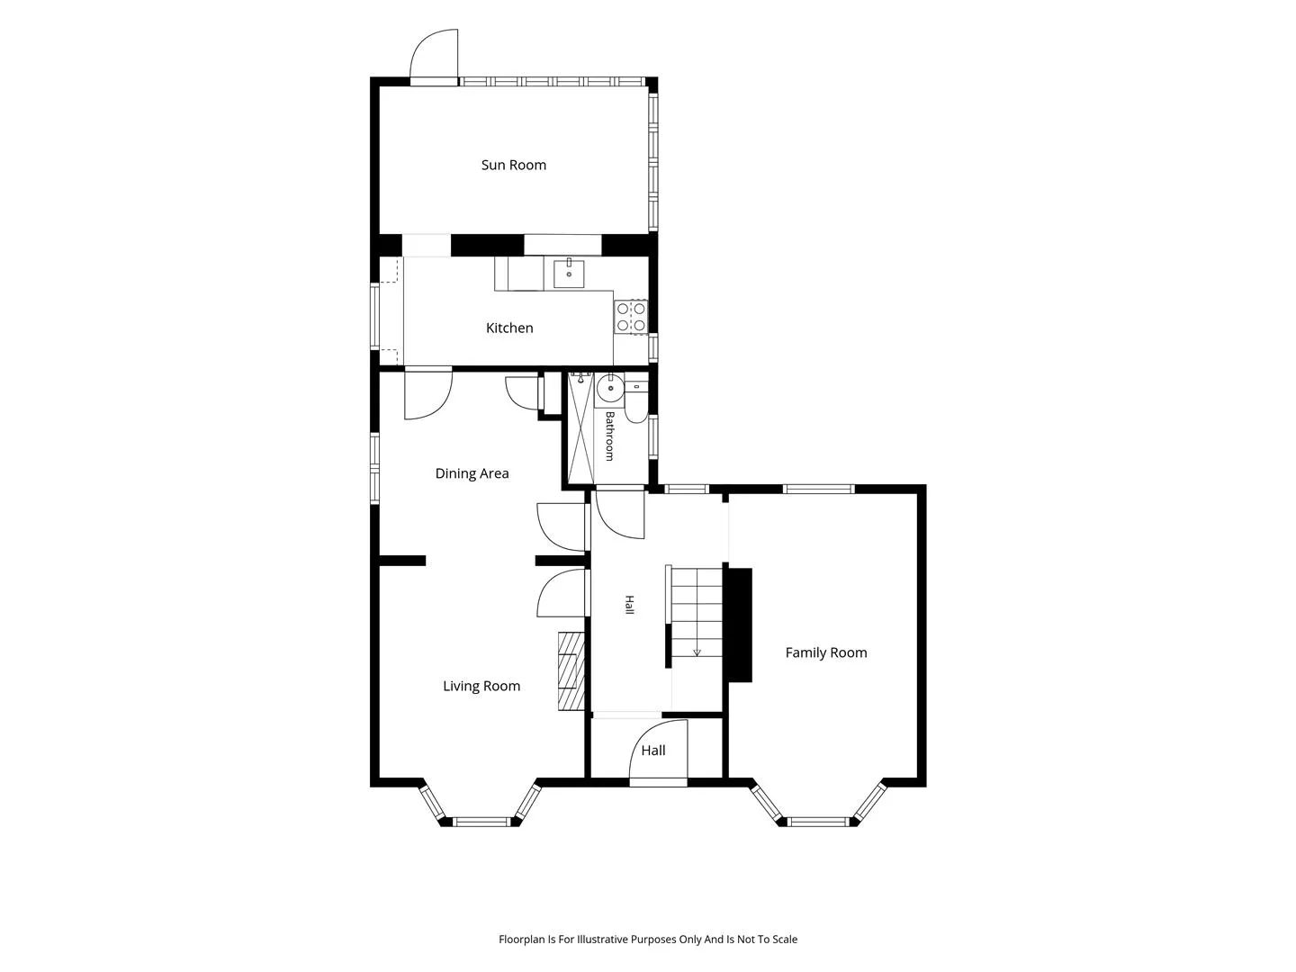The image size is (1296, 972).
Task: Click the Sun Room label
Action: point(513,166)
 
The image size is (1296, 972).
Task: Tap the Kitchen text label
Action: point(509,328)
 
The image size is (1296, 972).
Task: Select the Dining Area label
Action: point(472,473)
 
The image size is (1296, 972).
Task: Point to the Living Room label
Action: point(481,686)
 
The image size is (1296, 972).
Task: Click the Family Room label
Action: point(826,652)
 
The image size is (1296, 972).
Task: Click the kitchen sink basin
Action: point(569,274)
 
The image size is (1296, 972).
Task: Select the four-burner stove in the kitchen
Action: point(631,317)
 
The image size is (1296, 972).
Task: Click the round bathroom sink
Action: point(610,388)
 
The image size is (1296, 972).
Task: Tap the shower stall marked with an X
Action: point(581,427)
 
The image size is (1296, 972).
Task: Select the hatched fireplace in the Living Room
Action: point(571,671)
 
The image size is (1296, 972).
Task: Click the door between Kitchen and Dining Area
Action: point(428,394)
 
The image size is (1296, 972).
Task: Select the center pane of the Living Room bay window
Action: point(482,821)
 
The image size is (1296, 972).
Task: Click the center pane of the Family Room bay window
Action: point(818,821)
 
